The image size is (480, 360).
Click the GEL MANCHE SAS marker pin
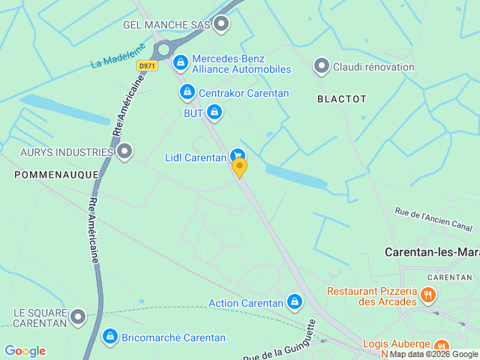220,25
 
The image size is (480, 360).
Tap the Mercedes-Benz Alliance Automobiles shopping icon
180,63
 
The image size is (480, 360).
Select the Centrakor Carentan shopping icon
187,92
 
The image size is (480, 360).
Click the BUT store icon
214,112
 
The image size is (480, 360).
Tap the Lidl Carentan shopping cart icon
238,155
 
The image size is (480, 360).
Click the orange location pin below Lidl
239,168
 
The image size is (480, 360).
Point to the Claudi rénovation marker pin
321,67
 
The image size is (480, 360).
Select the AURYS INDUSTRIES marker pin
124,151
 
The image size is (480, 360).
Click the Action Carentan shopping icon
295,302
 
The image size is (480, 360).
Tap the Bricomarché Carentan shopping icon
110,337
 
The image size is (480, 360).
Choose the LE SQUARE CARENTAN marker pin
77,318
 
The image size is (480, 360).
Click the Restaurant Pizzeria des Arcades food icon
427,295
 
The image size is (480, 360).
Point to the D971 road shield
147,66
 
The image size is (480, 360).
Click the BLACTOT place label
342,98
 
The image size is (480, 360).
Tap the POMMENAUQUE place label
56,174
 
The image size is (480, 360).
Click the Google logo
25,351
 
